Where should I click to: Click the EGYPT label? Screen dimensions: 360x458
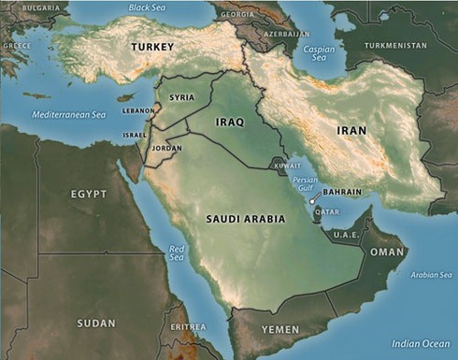(89, 194)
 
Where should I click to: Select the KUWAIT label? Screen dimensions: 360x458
(287, 166)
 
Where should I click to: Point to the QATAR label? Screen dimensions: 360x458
(327, 211)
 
